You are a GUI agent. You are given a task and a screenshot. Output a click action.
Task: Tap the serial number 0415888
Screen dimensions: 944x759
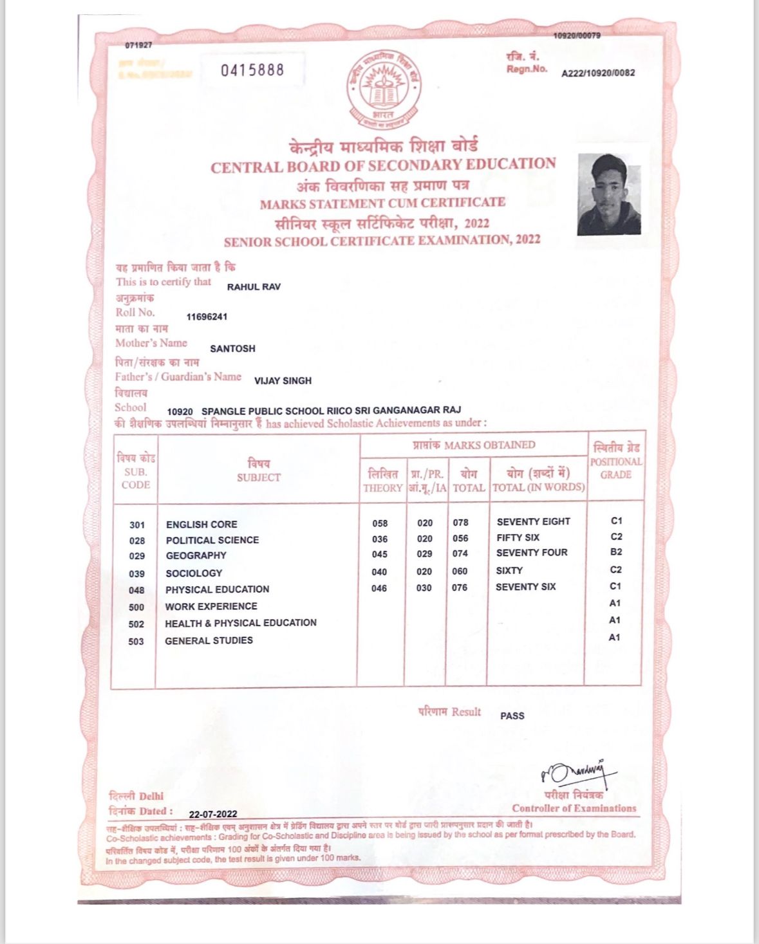(x=252, y=69)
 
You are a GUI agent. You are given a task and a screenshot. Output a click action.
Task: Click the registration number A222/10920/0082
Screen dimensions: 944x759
(x=598, y=73)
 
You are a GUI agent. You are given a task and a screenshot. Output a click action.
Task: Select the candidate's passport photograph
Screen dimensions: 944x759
(x=609, y=194)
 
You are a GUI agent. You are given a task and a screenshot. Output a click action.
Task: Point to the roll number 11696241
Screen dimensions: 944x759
(x=207, y=317)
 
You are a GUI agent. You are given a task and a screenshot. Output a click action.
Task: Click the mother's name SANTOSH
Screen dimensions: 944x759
(x=232, y=348)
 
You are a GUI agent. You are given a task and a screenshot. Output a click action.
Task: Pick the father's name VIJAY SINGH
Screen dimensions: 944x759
(x=283, y=380)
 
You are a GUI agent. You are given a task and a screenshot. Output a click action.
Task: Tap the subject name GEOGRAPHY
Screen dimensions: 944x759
(x=196, y=555)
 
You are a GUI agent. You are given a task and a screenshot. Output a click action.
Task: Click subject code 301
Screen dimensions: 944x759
(x=137, y=524)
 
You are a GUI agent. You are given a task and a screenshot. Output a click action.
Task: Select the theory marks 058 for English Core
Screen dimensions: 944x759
(x=380, y=523)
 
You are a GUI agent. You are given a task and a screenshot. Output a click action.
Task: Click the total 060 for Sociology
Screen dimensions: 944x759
(x=460, y=571)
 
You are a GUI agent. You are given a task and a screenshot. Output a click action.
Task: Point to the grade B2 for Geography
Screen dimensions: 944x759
(x=616, y=552)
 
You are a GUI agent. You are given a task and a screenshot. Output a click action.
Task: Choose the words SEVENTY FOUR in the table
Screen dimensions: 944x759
(x=532, y=553)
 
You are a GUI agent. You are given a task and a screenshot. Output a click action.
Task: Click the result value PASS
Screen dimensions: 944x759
(x=512, y=716)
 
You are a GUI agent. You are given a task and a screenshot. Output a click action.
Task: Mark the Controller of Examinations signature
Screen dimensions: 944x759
(x=576, y=770)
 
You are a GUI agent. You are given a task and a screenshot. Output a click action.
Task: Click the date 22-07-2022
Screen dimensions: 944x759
(x=213, y=814)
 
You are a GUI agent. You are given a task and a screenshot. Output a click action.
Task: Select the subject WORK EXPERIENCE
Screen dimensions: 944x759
(x=211, y=606)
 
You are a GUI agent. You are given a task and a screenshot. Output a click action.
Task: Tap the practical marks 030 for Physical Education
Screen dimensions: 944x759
(x=424, y=588)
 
